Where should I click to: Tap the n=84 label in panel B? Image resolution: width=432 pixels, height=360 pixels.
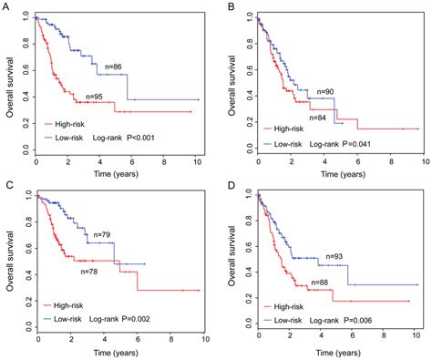[318, 117]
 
